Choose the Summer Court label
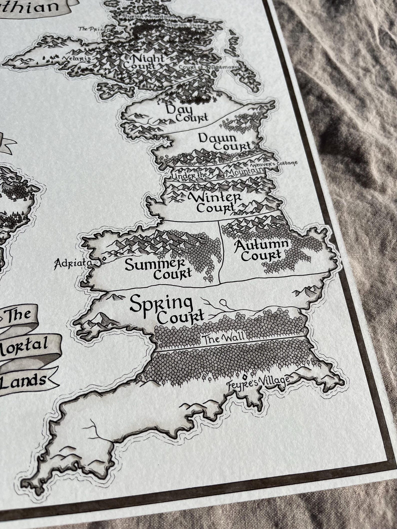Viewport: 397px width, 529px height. [x=158, y=268]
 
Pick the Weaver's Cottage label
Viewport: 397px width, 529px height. [x=273, y=164]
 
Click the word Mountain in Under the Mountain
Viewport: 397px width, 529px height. [x=244, y=172]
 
